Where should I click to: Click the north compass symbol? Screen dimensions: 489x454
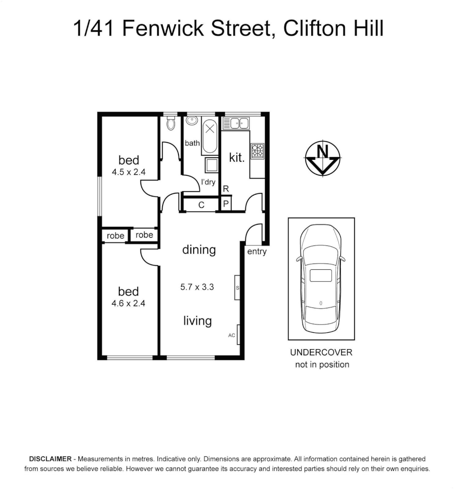[x=322, y=158]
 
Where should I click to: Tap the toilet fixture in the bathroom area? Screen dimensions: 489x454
[x=171, y=123]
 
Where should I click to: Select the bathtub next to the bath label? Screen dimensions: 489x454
[x=209, y=135]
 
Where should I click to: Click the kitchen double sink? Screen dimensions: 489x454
[x=239, y=123]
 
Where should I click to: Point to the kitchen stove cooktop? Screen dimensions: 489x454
[x=257, y=151]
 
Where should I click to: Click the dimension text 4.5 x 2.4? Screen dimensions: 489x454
[x=128, y=172]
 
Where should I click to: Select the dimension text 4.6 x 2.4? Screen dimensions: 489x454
[x=128, y=303]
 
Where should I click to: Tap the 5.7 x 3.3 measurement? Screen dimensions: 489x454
[x=197, y=287]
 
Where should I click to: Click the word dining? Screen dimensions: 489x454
[x=199, y=249]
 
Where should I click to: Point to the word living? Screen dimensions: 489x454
[x=198, y=321]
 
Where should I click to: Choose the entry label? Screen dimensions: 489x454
[x=257, y=252]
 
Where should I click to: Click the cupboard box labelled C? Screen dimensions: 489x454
[x=202, y=205]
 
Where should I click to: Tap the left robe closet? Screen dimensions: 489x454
[x=116, y=235]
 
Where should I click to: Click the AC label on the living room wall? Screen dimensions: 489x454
[x=232, y=336]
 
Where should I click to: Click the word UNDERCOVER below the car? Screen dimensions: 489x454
[x=321, y=353]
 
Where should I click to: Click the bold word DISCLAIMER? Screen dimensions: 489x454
[x=50, y=459]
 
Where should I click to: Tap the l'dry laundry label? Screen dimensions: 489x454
[x=208, y=182]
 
